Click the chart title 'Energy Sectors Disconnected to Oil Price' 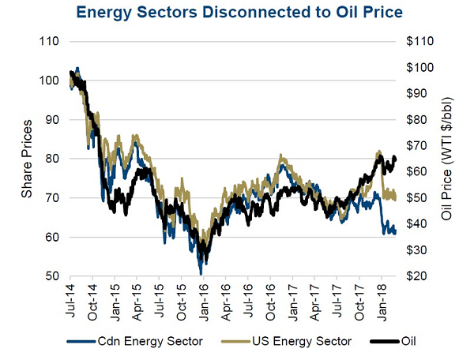pos(237,13)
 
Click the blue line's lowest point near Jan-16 pos(201,273)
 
